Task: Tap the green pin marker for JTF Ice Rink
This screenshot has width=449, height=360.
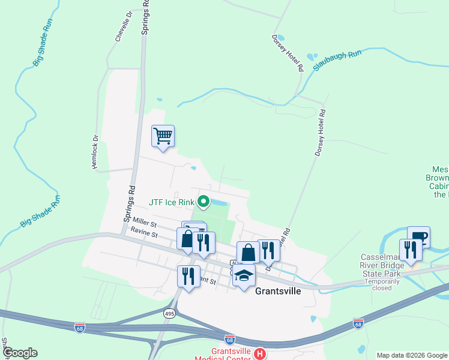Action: tap(203, 202)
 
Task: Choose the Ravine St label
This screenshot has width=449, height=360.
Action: tap(146, 234)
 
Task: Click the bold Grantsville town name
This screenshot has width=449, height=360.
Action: tap(278, 291)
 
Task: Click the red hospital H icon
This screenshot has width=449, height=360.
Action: tap(260, 354)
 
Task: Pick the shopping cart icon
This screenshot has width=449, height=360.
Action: tap(163, 136)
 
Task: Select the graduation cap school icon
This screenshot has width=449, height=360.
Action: tap(244, 276)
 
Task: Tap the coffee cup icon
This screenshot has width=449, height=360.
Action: tap(418, 236)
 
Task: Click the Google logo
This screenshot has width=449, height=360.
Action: tap(19, 353)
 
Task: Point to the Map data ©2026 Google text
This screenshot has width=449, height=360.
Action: tap(411, 355)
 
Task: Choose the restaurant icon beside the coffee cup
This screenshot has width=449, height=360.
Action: tap(411, 249)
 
